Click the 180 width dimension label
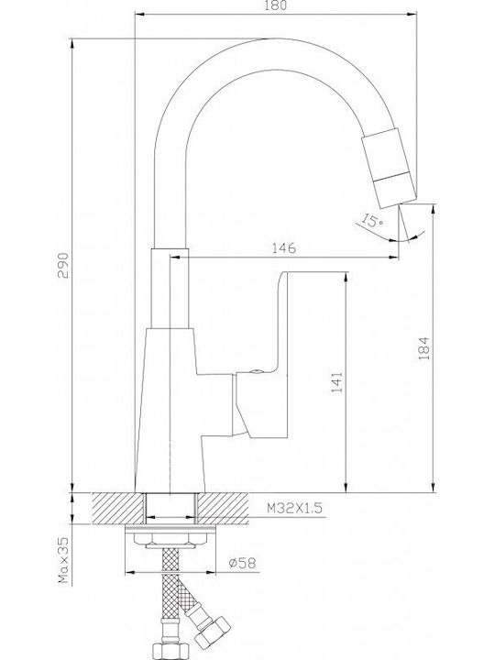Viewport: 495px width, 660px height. [277, 5]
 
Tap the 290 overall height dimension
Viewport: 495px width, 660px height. [62, 265]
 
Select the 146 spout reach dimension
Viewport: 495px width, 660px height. [283, 247]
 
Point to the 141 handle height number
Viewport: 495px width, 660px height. [337, 381]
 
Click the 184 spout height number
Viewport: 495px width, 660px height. [423, 347]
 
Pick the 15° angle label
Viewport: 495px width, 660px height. [372, 220]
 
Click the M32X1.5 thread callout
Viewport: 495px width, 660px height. [294, 509]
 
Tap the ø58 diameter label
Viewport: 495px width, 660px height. [242, 563]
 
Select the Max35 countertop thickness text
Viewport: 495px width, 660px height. [63, 560]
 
